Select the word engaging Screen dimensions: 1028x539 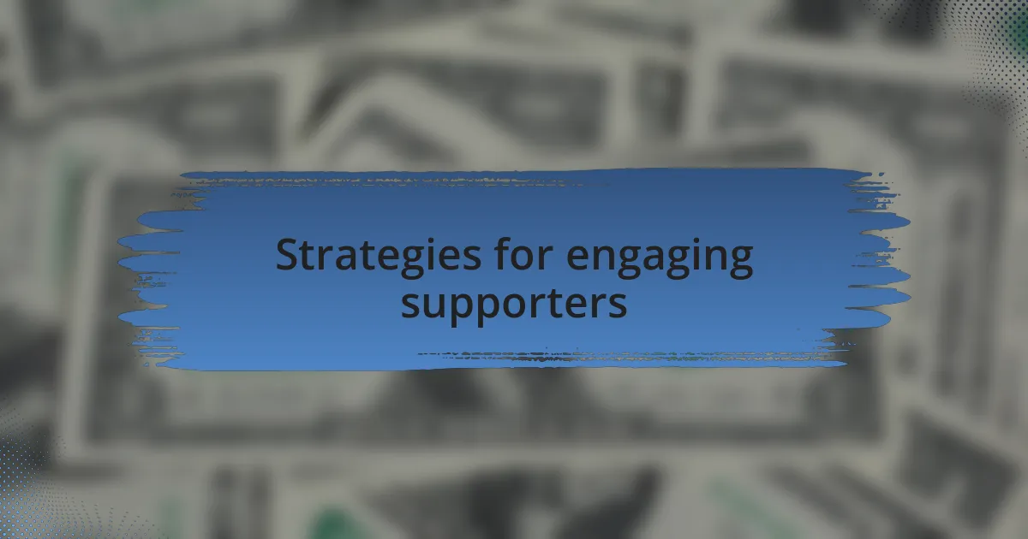[x=660, y=258]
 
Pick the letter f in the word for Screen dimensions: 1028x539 [x=504, y=252]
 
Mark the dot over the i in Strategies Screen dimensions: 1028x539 [x=433, y=240]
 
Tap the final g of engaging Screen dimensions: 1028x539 [x=741, y=263]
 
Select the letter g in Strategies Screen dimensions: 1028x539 [x=411, y=263]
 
